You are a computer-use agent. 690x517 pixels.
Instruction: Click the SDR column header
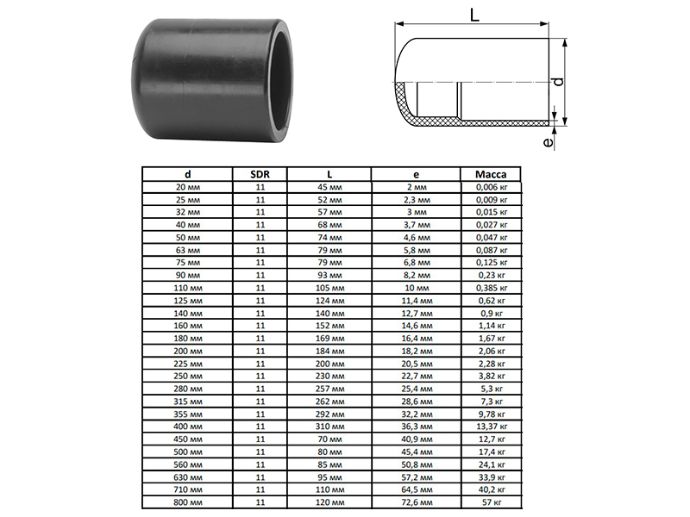[260, 175]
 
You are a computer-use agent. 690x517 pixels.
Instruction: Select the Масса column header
[491, 175]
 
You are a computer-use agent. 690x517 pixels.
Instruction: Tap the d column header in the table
[188, 175]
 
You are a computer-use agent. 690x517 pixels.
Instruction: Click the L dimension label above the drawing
[474, 15]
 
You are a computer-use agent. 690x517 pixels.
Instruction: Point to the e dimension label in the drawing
[548, 142]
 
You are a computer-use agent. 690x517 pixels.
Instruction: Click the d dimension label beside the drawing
[558, 82]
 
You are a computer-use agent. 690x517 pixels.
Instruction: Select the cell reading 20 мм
[188, 187]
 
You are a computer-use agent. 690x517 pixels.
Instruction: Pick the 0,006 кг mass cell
[492, 187]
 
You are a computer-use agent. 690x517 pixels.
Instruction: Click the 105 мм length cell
[329, 289]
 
